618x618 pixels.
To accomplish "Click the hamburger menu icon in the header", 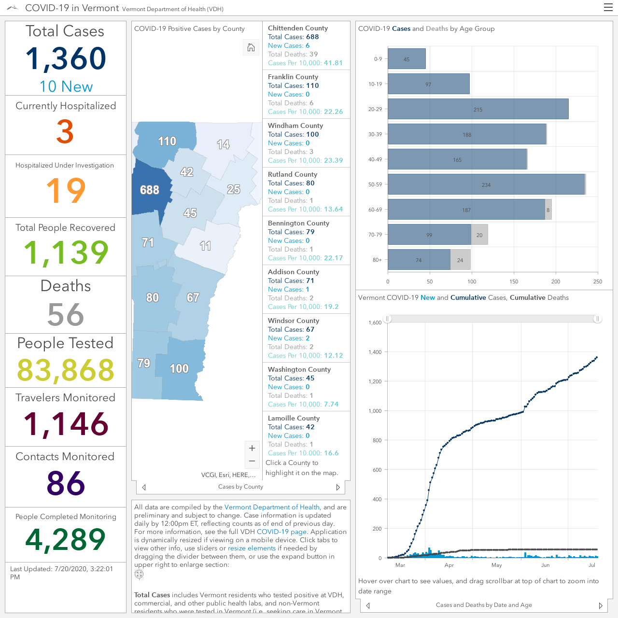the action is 608,7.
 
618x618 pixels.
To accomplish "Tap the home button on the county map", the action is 251,47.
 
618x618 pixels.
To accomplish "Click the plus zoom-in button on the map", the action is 252,448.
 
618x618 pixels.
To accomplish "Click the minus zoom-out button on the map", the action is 252,461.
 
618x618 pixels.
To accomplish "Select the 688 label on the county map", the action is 150,190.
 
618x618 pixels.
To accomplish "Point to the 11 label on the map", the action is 205,246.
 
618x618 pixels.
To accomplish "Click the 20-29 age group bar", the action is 478,109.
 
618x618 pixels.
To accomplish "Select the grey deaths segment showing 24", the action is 460,260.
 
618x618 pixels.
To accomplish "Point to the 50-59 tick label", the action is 375,184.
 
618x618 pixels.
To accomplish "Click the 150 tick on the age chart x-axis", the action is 514,281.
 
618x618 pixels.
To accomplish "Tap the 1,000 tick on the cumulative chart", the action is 375,411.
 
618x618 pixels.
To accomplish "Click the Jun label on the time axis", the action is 545,565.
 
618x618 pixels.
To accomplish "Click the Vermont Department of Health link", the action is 272,507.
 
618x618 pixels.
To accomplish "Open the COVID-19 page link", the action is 281,532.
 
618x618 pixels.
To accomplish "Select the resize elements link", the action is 252,548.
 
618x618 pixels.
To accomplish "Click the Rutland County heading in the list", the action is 293,174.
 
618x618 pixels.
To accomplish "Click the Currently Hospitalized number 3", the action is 65,131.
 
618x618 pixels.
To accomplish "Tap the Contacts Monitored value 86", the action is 66,483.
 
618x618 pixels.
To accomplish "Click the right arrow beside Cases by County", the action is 338,487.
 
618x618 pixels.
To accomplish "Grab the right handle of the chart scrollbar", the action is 597,319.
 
